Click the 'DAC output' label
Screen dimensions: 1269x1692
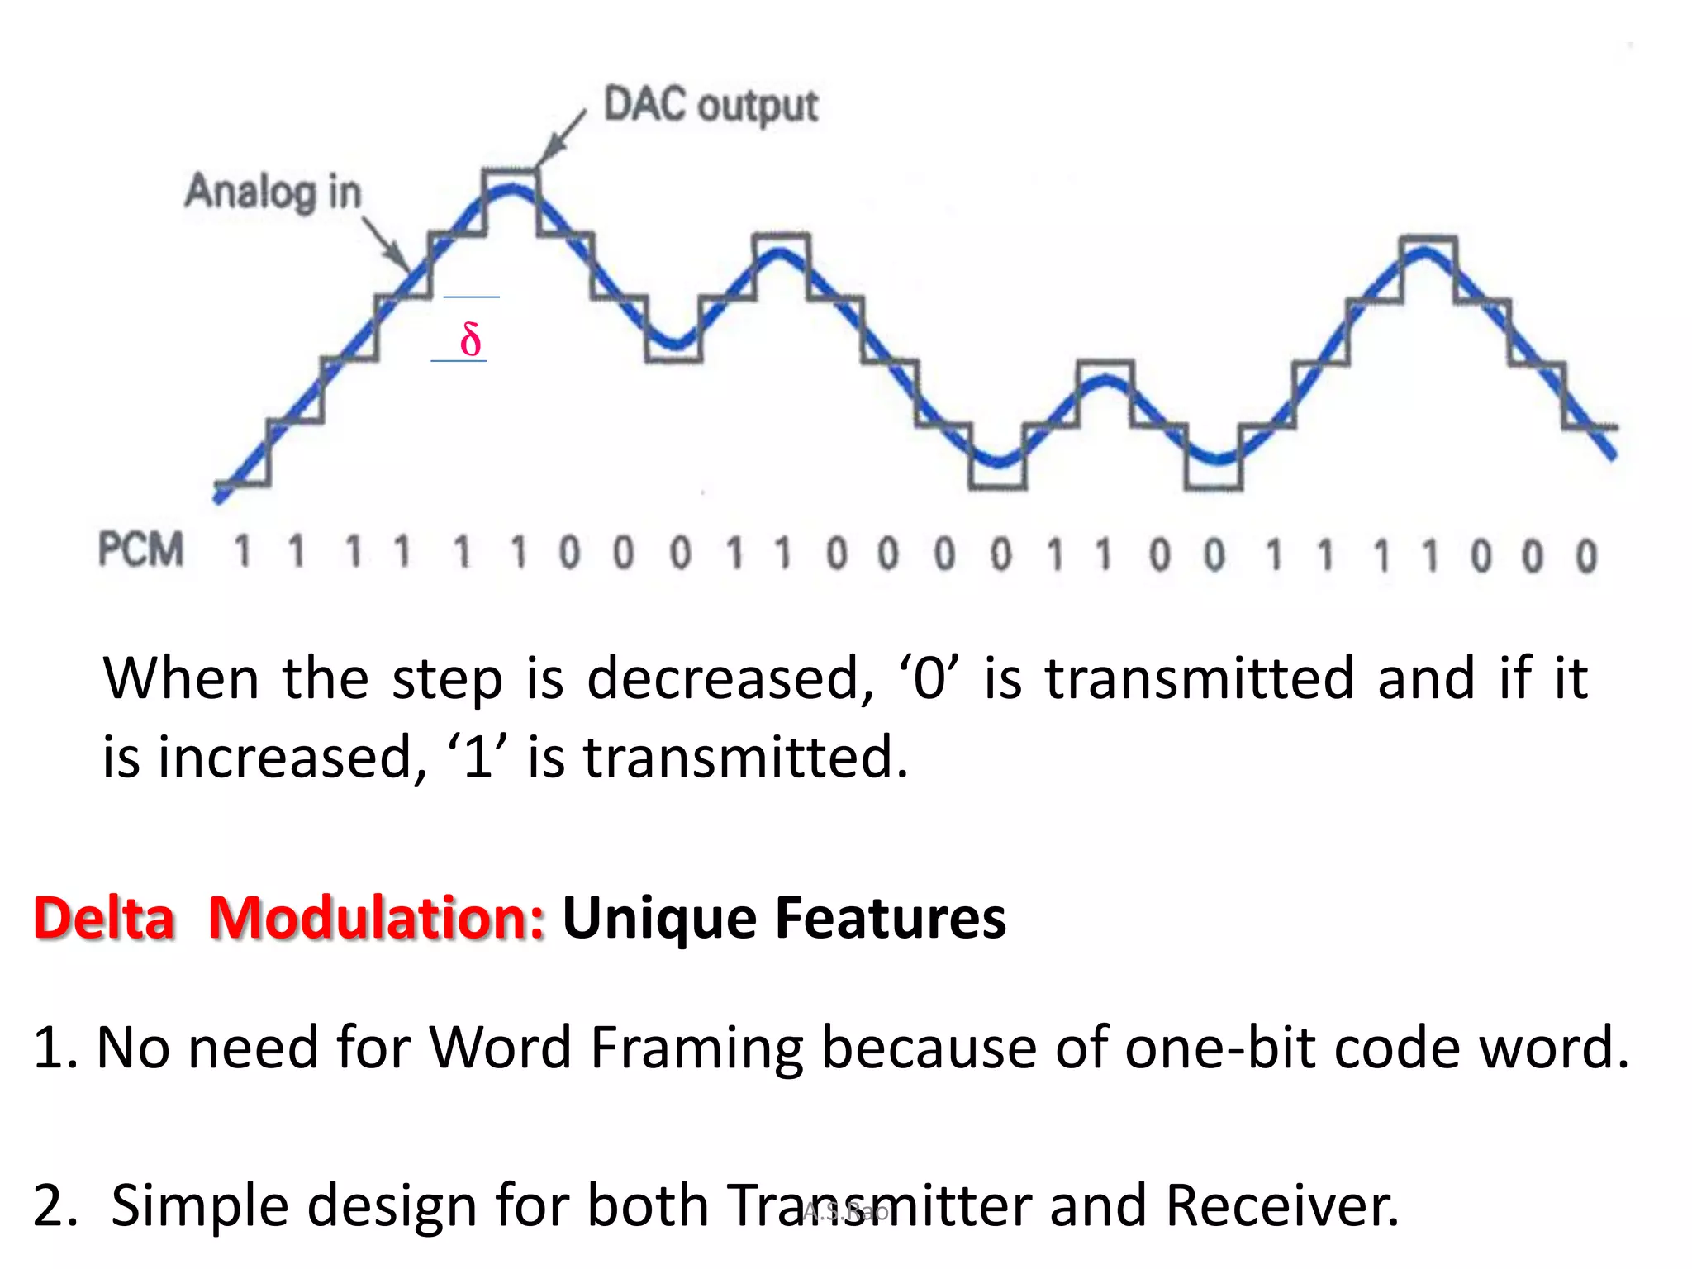click(711, 106)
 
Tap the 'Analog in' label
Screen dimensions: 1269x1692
click(273, 192)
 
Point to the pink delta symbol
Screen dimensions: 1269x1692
click(470, 340)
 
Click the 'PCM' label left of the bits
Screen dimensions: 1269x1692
click(140, 550)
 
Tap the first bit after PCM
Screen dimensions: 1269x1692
click(242, 552)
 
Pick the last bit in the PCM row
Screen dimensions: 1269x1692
click(1585, 556)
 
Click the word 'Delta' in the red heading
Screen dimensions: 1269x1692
click(104, 918)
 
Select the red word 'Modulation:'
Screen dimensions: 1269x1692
click(376, 918)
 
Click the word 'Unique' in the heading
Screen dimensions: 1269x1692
click(658, 920)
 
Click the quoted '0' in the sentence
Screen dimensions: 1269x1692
click(929, 677)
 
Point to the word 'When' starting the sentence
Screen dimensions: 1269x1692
click(181, 677)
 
